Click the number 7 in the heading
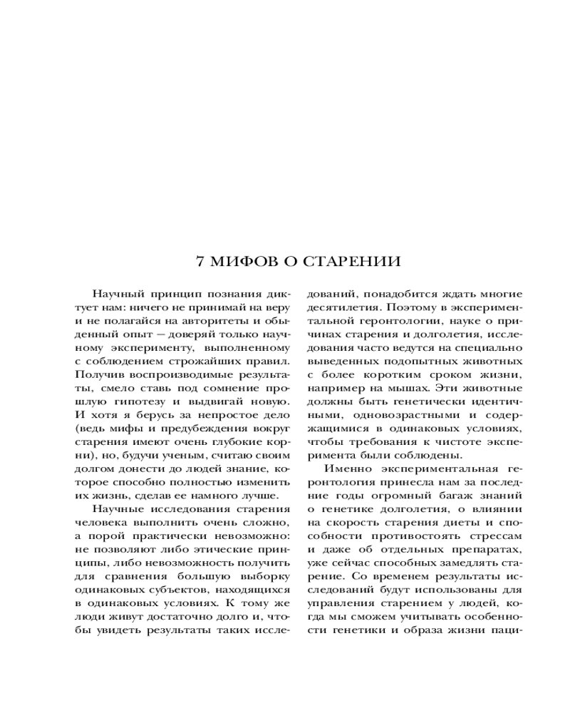click(200, 262)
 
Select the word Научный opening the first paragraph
click(117, 293)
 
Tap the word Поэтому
click(403, 307)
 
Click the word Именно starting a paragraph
click(346, 469)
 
